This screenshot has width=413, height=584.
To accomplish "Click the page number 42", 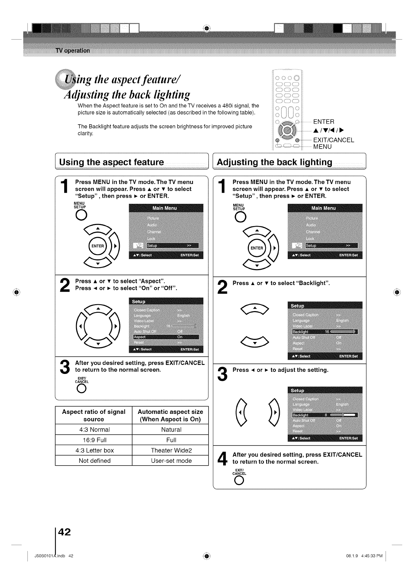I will (64, 532).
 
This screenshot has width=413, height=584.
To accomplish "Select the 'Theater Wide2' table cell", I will (171, 450).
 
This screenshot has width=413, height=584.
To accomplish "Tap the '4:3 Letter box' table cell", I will (94, 450).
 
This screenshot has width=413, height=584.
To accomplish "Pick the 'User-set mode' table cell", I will (171, 461).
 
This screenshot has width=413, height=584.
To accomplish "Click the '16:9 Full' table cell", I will (94, 440).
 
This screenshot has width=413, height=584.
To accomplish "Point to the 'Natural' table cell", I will (171, 429).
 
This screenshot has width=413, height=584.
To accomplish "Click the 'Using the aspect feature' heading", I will (111, 162).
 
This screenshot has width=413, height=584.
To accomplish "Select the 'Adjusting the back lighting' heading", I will (274, 162).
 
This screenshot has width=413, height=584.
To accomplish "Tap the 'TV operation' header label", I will (73, 50).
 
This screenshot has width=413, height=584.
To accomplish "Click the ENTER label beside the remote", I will (323, 122).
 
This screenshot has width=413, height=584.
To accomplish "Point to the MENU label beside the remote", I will (322, 147).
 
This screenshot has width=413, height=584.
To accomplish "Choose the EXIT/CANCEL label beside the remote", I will (333, 140).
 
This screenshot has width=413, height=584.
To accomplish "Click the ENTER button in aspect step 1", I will (98, 246).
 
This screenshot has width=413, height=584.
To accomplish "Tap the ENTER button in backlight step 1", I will (256, 248).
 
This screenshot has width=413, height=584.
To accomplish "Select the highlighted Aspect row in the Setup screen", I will (166, 337).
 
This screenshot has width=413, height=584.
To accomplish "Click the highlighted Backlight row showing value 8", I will (325, 415).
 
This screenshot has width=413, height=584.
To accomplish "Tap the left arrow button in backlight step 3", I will (241, 412).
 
